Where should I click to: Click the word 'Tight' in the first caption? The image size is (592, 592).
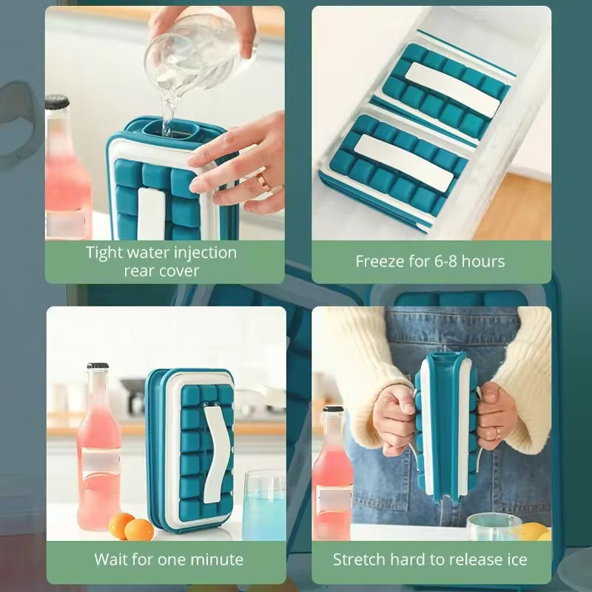click(x=102, y=253)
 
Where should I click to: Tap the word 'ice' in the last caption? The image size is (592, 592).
click(x=517, y=559)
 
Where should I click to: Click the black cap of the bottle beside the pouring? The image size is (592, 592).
click(x=57, y=102)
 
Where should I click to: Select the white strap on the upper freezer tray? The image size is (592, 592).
click(x=452, y=90)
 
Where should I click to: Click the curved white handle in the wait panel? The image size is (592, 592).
click(x=217, y=453)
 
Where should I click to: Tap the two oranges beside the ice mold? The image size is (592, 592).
click(x=131, y=527)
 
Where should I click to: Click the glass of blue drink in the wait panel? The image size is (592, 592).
click(x=263, y=506)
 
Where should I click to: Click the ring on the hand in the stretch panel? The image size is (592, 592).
click(x=498, y=433)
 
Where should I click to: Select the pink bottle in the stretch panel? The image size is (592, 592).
click(x=332, y=474)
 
